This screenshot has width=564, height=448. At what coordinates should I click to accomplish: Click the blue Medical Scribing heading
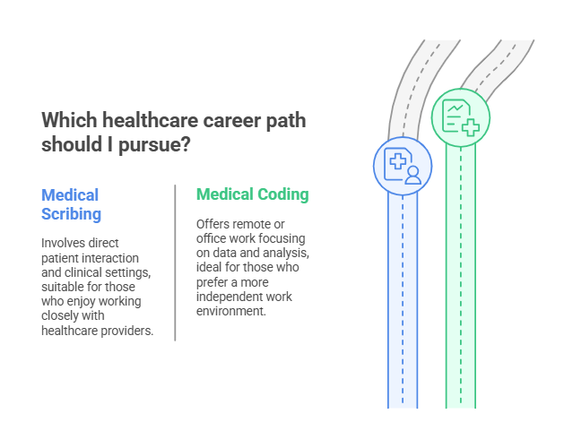[71, 204]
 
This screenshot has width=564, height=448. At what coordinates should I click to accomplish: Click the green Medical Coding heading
[252, 194]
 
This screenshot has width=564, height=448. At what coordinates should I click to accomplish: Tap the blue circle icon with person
[403, 166]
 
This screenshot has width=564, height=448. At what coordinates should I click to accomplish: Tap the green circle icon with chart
[461, 116]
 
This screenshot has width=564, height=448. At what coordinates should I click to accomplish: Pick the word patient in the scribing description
[63, 258]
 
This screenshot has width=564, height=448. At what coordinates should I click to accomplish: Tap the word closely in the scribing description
[60, 315]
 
